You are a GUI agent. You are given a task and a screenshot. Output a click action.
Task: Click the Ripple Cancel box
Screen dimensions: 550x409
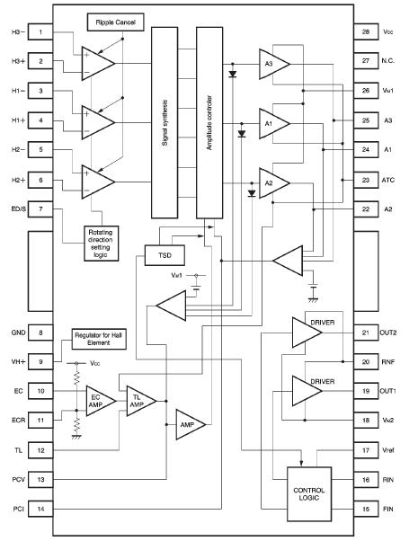[114, 20]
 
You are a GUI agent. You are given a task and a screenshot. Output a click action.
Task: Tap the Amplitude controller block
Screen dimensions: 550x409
[209, 122]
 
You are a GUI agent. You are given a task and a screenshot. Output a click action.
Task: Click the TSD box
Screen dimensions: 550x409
[164, 256]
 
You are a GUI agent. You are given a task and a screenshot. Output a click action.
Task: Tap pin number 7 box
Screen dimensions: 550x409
[40, 209]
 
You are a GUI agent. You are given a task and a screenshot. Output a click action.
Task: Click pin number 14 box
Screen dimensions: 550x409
[40, 510]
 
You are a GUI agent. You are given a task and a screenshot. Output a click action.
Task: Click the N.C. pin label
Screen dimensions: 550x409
[389, 61]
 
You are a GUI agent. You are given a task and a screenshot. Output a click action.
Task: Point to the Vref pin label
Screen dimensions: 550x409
[388, 450]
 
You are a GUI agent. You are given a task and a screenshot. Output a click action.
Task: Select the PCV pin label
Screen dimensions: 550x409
[18, 480]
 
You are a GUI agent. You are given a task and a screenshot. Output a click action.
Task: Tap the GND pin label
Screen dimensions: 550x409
[17, 332]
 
